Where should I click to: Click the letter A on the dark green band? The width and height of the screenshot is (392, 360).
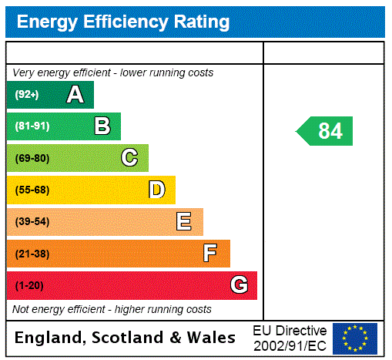pos(75,95)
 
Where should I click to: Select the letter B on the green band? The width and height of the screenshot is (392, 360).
pos(102,126)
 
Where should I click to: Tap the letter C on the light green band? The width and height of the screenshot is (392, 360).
pos(129,158)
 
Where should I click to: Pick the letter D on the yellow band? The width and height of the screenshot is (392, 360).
pos(156,190)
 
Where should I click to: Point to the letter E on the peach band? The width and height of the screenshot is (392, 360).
pos(183,222)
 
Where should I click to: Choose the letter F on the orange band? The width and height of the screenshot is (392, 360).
pos(210,254)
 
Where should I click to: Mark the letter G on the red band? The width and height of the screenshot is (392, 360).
pos(239,285)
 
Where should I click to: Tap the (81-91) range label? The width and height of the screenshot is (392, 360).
pos(32,126)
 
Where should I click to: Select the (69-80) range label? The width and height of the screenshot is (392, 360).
pos(32,158)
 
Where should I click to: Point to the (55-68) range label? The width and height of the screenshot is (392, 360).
pos(32,190)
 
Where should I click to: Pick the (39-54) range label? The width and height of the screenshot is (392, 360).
pos(32,222)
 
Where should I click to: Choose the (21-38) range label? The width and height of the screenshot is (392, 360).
pos(32,254)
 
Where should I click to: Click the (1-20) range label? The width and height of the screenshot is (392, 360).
pos(29,285)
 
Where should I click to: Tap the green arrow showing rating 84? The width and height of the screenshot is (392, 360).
pos(325,131)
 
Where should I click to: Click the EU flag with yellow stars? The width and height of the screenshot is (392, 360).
pos(355,338)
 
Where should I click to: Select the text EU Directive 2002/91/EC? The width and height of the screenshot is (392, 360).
pos(290,338)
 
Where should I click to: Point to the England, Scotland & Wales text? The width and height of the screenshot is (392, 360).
pos(126,338)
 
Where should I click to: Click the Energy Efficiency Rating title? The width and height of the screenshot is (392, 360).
pos(123,22)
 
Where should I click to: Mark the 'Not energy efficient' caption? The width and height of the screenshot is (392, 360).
pos(112,309)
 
